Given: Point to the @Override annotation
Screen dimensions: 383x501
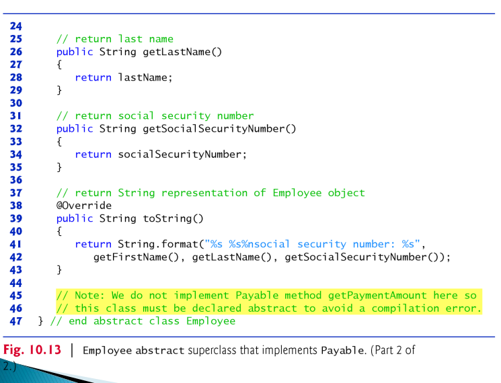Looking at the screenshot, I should [84, 206].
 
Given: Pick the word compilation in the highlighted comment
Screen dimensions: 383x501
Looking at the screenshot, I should [395, 308].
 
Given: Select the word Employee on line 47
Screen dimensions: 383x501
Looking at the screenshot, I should [210, 321].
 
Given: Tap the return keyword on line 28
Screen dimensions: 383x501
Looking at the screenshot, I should [93, 77].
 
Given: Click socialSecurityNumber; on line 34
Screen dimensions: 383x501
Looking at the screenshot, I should [182, 155].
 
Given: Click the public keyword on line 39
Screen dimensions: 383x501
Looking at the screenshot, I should [75, 218].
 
